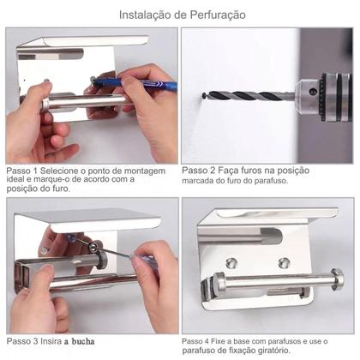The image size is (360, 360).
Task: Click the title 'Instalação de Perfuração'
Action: tap(180, 15)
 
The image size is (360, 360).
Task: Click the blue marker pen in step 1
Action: tap(137, 83)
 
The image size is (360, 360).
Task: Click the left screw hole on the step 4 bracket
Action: tap(231, 263)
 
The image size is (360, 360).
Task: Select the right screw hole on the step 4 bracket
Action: tap(283, 261)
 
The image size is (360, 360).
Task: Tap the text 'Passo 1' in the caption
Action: tap(24, 171)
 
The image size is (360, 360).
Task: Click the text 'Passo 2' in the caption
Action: tap(200, 171)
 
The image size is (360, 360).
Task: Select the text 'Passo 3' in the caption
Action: tap(24, 341)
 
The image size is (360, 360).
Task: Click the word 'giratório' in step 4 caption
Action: tap(301, 351)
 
